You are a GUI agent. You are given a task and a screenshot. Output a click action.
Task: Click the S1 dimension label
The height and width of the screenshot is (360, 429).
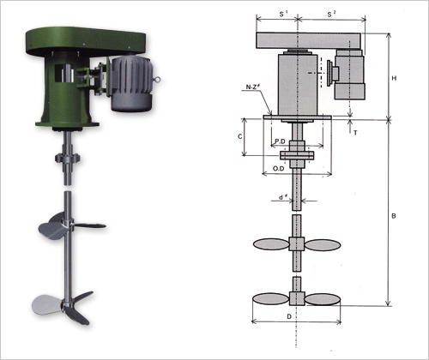283,14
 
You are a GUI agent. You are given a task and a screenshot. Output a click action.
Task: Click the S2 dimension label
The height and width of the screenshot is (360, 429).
331,14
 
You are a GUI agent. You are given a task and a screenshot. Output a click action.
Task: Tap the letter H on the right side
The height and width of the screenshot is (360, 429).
394,78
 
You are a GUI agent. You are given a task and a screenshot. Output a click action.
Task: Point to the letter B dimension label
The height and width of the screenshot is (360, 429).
394,216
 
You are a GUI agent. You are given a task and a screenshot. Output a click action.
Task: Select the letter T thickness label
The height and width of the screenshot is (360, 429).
355,133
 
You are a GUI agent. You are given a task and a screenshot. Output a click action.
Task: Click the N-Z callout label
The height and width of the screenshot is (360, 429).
253,87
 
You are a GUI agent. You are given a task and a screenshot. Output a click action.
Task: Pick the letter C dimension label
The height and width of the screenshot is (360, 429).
239,136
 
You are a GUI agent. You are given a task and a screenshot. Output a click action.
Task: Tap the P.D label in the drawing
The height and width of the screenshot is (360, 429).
280,141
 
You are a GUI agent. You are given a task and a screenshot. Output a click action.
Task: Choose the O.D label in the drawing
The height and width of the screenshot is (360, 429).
278,169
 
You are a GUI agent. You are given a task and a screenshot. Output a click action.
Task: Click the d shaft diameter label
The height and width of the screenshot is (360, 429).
283,197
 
